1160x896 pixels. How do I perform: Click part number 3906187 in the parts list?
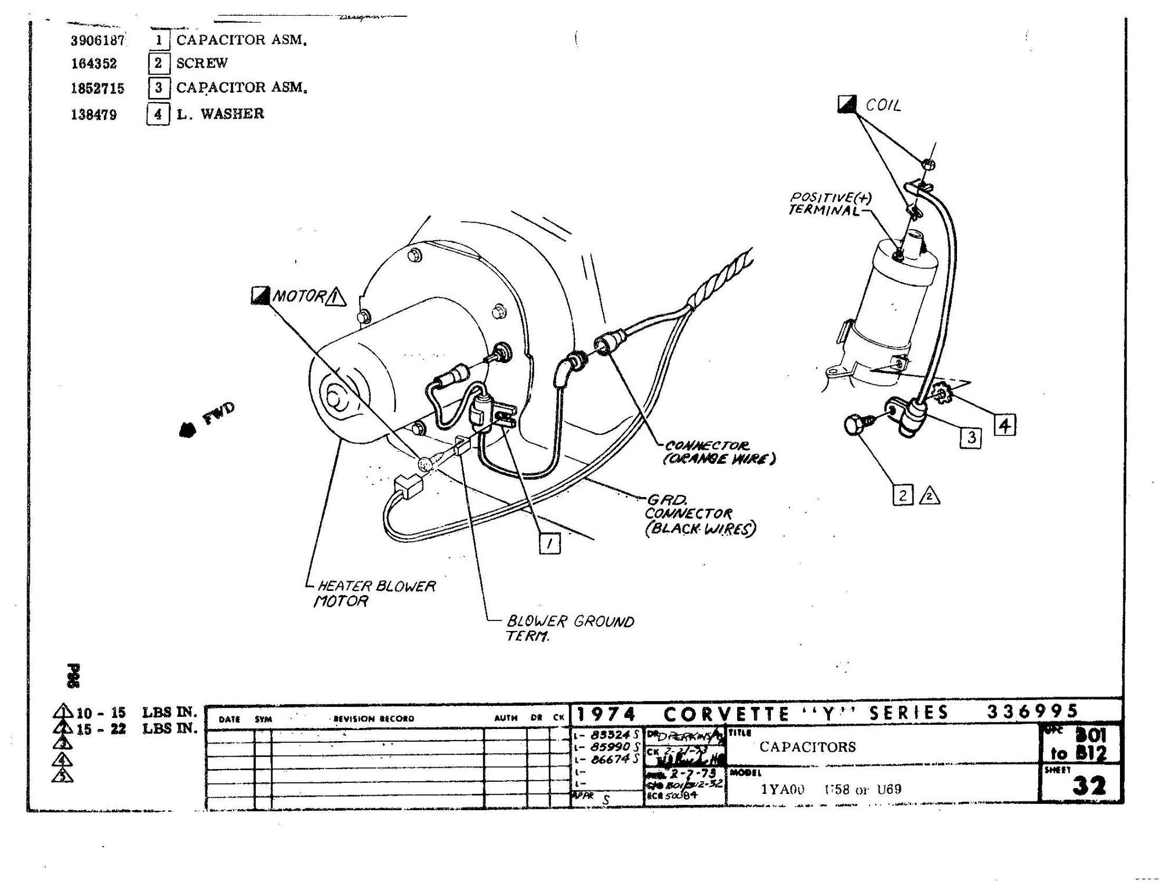(x=97, y=40)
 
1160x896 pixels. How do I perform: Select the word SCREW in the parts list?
(x=202, y=63)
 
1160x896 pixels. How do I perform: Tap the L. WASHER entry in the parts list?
(x=220, y=113)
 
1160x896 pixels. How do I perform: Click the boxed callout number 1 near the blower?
(x=549, y=543)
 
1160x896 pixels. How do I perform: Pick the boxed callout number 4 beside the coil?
(x=1005, y=426)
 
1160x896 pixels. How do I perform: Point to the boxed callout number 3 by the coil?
(x=971, y=437)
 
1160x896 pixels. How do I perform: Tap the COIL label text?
(x=883, y=106)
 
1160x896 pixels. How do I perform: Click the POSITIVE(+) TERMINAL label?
(x=830, y=204)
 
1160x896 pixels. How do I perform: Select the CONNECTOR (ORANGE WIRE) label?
(x=719, y=452)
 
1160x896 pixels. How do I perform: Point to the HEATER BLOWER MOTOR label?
(x=374, y=593)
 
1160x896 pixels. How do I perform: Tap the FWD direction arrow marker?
(x=187, y=429)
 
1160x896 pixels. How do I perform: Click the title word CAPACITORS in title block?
(x=807, y=746)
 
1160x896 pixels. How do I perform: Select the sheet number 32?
(x=1089, y=786)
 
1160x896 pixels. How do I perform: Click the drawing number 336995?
(x=1032, y=711)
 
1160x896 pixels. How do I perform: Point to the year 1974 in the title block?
(x=606, y=714)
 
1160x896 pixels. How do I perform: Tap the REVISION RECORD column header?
(x=374, y=719)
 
